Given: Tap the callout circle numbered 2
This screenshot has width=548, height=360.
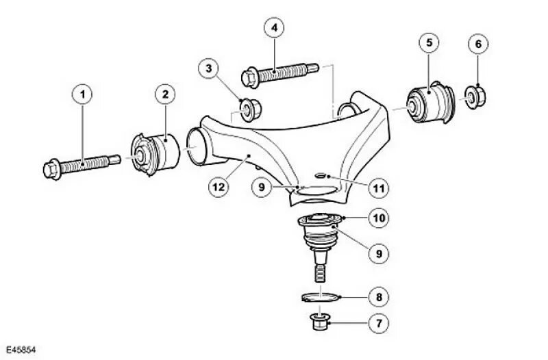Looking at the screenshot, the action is pos(165,94).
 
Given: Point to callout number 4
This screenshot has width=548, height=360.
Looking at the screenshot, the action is pos(274,29).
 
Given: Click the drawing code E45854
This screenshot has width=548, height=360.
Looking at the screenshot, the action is pos(19,350).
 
